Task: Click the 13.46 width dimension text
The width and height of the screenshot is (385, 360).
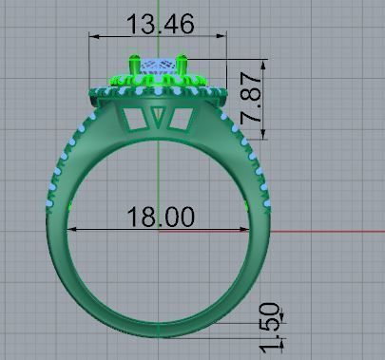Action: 158,21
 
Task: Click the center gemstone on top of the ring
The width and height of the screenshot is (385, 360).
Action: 159,66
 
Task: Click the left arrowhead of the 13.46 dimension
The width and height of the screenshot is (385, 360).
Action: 93,36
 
